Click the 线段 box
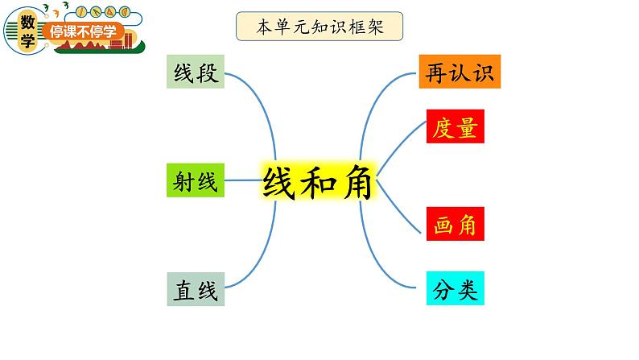196,72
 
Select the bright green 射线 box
196,180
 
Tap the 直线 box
196,289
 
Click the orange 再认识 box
460,72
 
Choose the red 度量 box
456,126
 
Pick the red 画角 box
456,224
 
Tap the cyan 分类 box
456,288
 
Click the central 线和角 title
317,181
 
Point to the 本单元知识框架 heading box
319,27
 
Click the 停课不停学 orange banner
84,31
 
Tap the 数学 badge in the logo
27,31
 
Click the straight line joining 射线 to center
243,180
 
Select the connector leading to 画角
398,208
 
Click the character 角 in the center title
357,182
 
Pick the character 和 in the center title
318,182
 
